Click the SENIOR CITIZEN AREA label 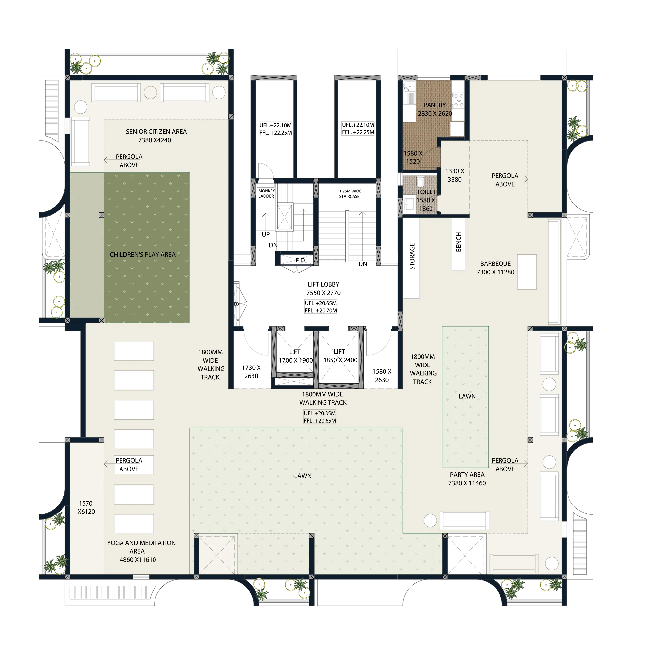(x=156, y=132)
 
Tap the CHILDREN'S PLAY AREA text (x=142, y=254)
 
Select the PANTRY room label (x=434, y=105)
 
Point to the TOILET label (x=426, y=192)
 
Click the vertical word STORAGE (x=412, y=256)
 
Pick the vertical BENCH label (x=458, y=242)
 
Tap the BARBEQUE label (x=495, y=263)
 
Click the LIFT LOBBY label (x=323, y=284)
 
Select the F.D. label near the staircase (x=301, y=260)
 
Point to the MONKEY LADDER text (x=267, y=193)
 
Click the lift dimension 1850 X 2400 (x=340, y=360)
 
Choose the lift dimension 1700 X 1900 (x=295, y=360)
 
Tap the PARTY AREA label (x=467, y=474)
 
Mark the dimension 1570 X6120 (x=86, y=507)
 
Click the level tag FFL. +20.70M (x=321, y=311)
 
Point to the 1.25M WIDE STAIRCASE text (x=350, y=194)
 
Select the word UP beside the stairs (x=265, y=234)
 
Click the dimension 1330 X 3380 (x=454, y=175)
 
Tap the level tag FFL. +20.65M (x=320, y=421)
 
